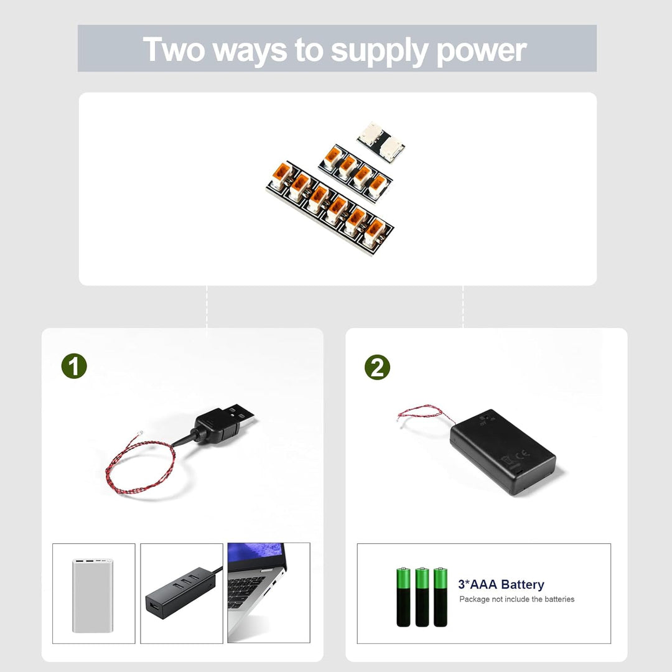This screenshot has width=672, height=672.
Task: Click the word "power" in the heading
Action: click(x=481, y=51)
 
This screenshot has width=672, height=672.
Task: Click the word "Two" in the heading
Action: click(x=174, y=49)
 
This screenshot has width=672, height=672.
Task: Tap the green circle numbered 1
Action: click(x=74, y=366)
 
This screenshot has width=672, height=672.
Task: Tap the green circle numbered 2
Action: click(x=377, y=367)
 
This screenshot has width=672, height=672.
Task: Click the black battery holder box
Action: click(x=503, y=452)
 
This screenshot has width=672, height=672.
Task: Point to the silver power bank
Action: click(x=93, y=595)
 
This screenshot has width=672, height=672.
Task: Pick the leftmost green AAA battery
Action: click(x=403, y=597)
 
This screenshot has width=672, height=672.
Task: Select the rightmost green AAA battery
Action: click(x=440, y=597)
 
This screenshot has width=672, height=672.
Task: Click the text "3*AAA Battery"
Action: click(x=501, y=584)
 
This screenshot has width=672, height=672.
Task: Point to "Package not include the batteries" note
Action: click(x=516, y=599)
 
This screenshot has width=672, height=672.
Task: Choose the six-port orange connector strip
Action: click(x=330, y=208)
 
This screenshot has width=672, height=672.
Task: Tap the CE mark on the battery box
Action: click(x=523, y=454)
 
